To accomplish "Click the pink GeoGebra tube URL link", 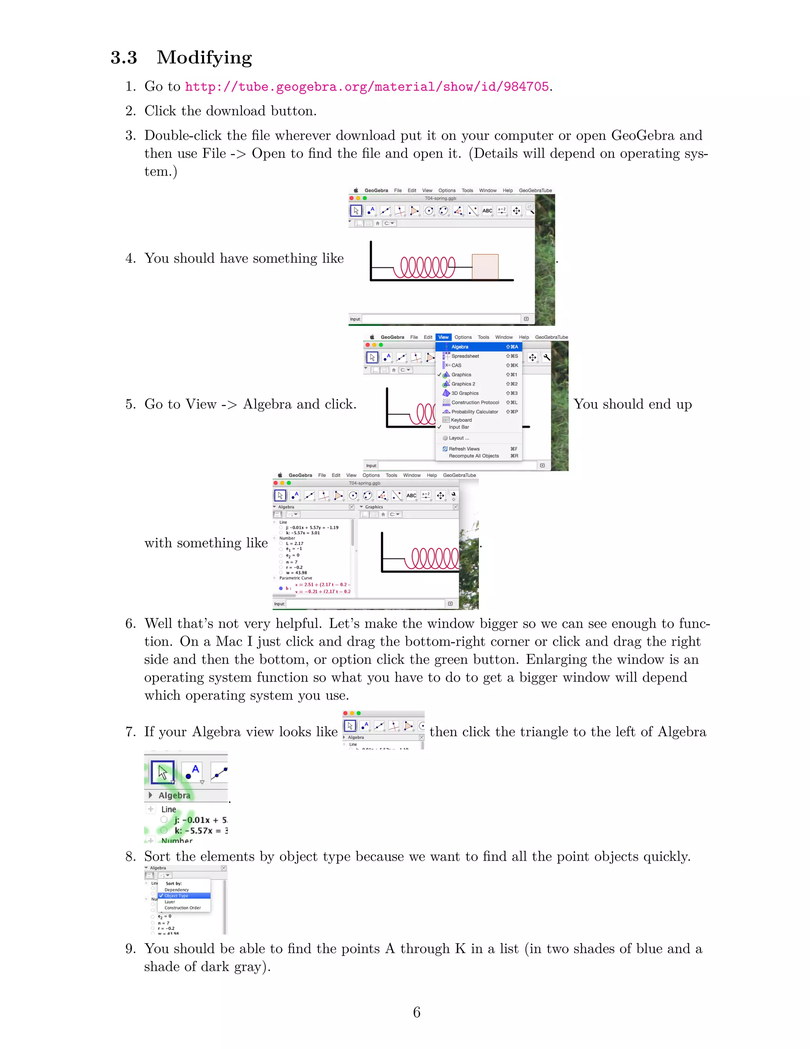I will pos(367,87).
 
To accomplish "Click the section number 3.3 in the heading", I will pos(124,58).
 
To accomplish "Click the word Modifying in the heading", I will pos(204,58).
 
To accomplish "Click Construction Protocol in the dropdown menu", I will pos(475,403).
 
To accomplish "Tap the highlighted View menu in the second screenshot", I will pos(443,337).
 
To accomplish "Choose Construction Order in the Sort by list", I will pos(182,908).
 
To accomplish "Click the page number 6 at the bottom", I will pos(416,1013).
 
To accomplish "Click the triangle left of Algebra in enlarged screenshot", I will pos(150,795).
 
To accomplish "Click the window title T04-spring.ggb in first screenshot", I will pos(440,198).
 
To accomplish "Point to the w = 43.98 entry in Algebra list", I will pos(296,572).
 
